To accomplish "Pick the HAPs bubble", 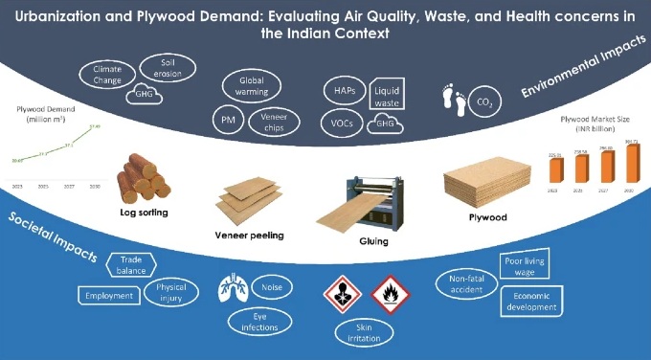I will (344, 89).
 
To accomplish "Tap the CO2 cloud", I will (486, 101).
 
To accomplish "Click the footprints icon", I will (451, 99).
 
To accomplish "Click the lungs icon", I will (232, 286).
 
